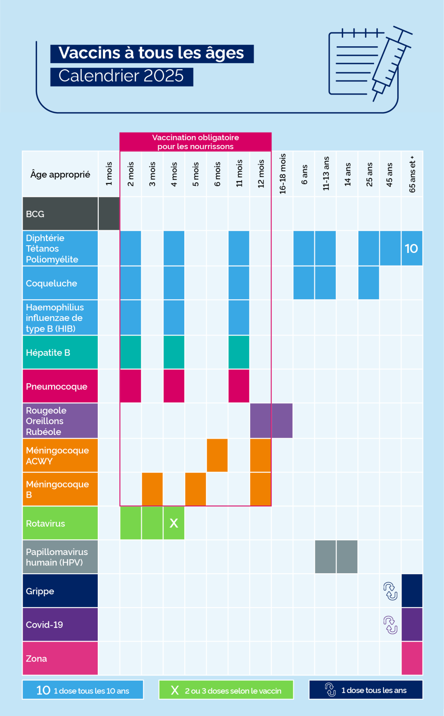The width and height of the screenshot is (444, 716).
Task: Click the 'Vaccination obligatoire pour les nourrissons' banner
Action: coord(195,142)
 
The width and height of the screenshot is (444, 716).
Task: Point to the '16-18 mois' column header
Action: coord(282,174)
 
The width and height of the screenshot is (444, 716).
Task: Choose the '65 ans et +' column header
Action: coord(412,174)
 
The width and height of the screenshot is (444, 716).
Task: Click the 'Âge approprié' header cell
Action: coord(60,175)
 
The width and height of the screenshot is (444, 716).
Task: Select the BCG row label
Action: coord(60,214)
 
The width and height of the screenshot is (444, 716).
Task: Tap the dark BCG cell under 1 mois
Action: coord(109,214)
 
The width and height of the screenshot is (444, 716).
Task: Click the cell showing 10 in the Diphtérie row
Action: coord(411,249)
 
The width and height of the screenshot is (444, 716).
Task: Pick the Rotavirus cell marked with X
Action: coord(174,523)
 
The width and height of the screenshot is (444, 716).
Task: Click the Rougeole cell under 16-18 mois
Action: coord(282,421)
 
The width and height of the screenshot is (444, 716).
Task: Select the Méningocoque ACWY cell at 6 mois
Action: coord(217,455)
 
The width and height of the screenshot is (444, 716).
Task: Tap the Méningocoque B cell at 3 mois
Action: coord(152,489)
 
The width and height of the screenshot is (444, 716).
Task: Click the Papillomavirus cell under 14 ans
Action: coord(347,557)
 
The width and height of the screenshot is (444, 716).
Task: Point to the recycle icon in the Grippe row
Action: coord(390,591)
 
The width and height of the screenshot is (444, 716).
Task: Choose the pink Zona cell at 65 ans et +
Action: coord(412,658)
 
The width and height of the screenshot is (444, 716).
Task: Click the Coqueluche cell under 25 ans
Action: coord(369,283)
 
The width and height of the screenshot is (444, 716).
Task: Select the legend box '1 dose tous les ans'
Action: coord(366,690)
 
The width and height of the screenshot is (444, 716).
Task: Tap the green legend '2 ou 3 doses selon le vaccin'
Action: coord(226,690)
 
